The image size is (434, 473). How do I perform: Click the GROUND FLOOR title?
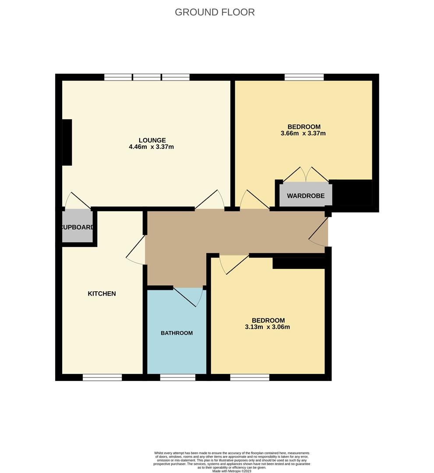(x=215, y=12)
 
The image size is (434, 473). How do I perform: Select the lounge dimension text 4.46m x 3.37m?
(x=151, y=147)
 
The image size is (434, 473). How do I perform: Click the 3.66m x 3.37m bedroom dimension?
(x=303, y=134)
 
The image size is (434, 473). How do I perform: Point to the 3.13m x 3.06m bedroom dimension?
(x=268, y=327)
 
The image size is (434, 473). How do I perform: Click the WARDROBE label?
(x=306, y=196)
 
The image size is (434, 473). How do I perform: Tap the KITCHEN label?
(x=102, y=293)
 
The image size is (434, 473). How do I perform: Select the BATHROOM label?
(x=176, y=333)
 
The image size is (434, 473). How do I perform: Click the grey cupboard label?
(x=78, y=227)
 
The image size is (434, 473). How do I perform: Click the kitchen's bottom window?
(x=102, y=377)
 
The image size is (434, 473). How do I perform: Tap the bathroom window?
(x=177, y=377)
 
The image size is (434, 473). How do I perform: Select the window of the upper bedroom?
(x=304, y=78)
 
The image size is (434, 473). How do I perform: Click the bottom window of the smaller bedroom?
(x=250, y=377)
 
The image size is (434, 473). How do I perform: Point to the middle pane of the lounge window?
(x=147, y=78)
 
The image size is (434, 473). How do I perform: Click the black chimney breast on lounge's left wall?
(x=67, y=142)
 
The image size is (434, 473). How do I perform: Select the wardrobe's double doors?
(x=306, y=175)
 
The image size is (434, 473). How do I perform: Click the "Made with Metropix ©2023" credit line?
(x=232, y=471)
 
